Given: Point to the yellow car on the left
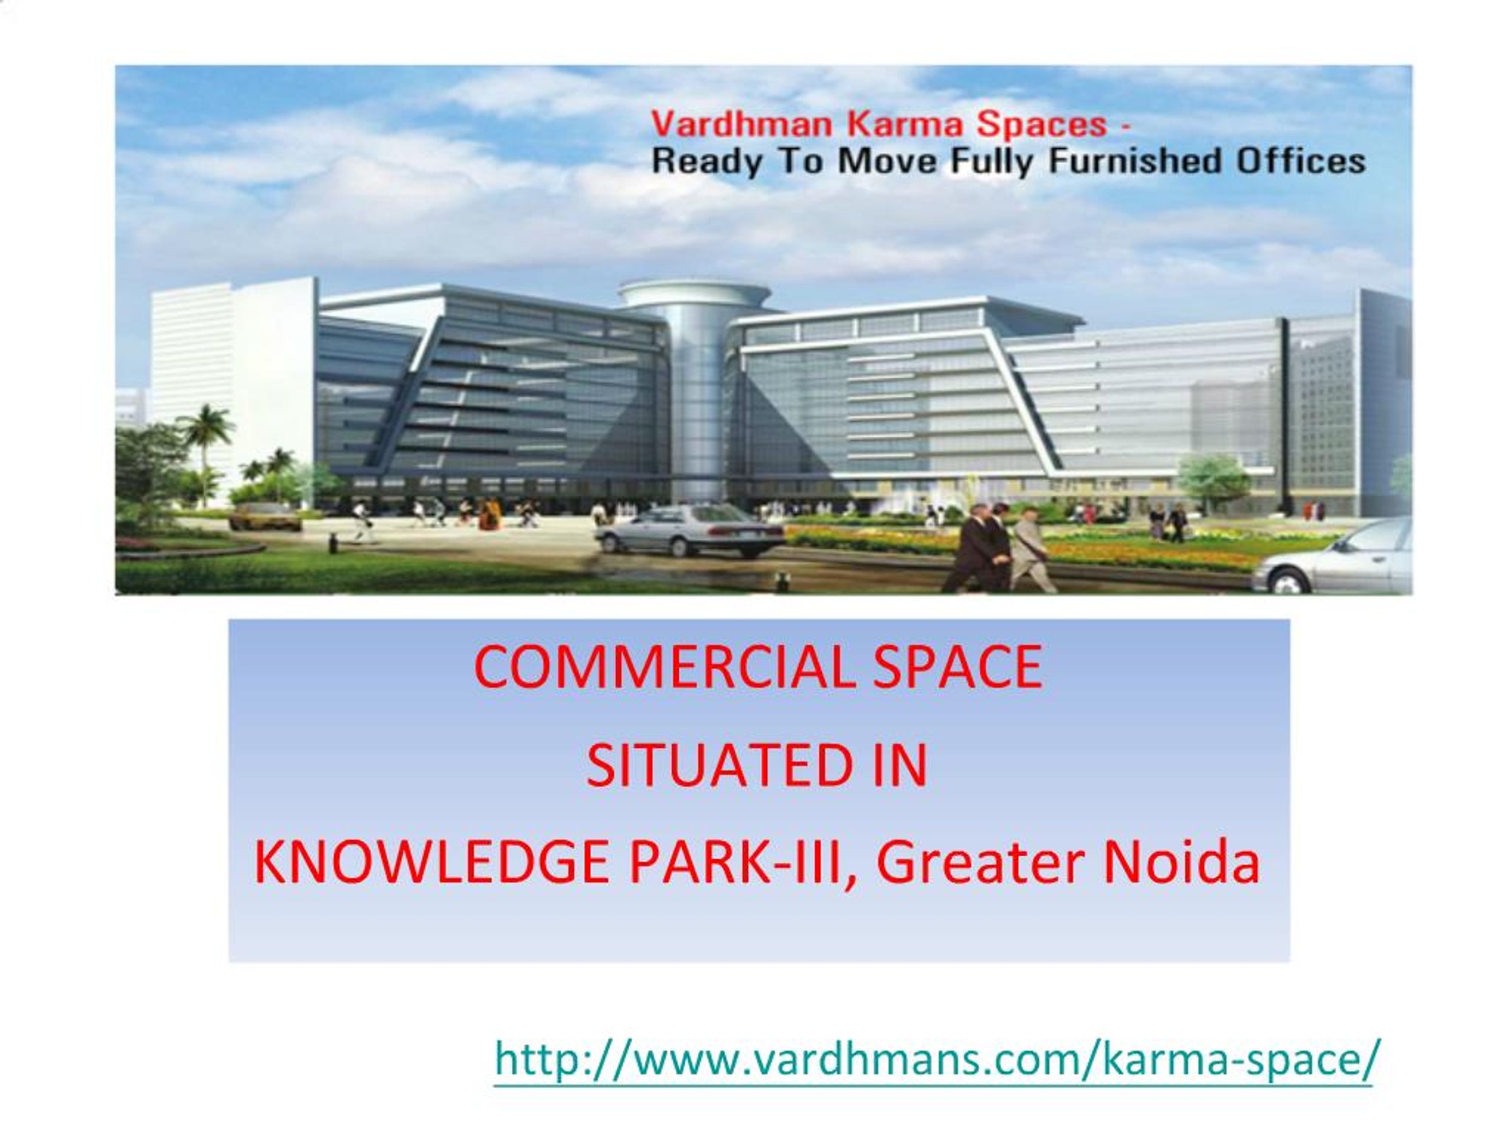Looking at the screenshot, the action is pos(264,516).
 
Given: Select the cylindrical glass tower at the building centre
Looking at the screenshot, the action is pos(695,389).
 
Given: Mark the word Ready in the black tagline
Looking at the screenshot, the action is pos(705,162).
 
